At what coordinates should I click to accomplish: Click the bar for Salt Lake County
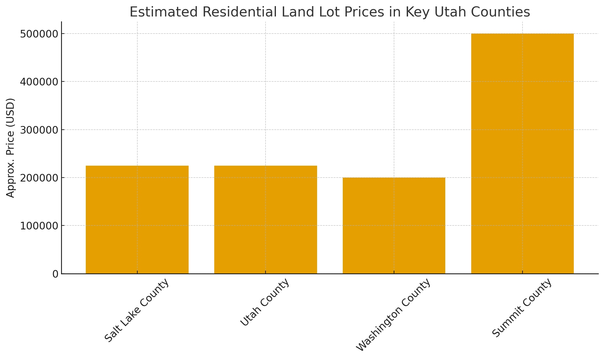pyautogui.click(x=137, y=220)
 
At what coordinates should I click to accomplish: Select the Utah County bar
pyautogui.click(x=266, y=220)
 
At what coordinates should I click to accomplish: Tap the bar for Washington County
pyautogui.click(x=394, y=226)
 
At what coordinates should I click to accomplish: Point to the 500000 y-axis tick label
pyautogui.click(x=39, y=34)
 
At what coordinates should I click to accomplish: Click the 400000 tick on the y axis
pyautogui.click(x=39, y=82)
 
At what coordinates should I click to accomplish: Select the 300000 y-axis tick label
pyautogui.click(x=39, y=130)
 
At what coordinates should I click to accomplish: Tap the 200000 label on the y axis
pyautogui.click(x=39, y=178)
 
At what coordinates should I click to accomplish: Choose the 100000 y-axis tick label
pyautogui.click(x=39, y=226)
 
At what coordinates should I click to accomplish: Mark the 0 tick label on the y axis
pyautogui.click(x=55, y=274)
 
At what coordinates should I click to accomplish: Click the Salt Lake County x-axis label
pyautogui.click(x=137, y=311)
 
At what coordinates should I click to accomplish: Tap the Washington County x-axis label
pyautogui.click(x=393, y=315)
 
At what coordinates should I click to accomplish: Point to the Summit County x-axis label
pyautogui.click(x=522, y=308)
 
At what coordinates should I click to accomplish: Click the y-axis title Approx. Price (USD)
pyautogui.click(x=11, y=148)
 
